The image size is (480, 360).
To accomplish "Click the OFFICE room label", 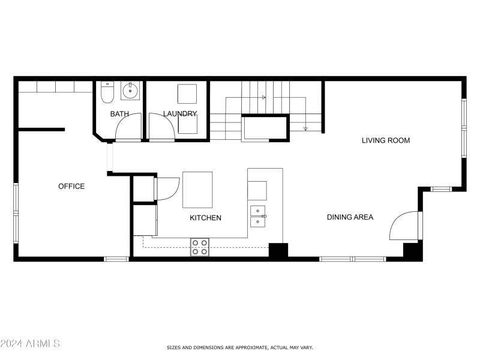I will [71, 186].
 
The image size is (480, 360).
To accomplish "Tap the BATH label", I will [119, 113].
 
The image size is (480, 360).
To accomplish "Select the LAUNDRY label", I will [179, 113].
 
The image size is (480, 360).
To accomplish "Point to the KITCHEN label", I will [205, 218].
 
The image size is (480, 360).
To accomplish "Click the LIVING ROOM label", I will [385, 140].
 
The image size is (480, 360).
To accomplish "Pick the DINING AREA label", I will [350, 217].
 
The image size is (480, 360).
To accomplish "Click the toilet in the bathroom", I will [107, 92].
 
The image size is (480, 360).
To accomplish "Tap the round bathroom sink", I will [130, 92].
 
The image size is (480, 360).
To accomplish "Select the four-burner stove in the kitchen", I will [200, 247].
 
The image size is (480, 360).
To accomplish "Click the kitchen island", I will [197, 190].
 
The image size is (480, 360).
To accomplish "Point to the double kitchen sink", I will [258, 216].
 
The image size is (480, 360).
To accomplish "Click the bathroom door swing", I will [128, 126].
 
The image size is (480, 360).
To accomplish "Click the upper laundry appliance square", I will [187, 94].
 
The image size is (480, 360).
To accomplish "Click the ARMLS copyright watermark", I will [30, 344].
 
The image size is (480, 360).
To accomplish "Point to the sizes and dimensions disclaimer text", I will [239, 347].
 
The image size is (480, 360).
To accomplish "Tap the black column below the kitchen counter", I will [278, 250].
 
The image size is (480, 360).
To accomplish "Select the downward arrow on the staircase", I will [305, 127].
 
